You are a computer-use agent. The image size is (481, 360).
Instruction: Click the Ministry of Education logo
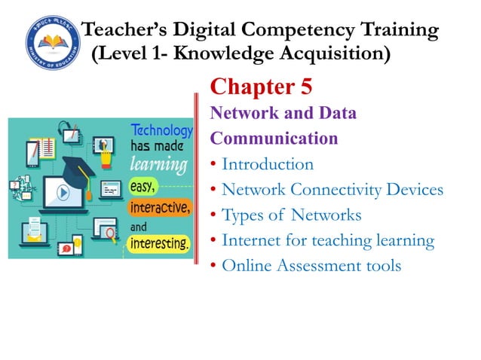tap(51, 41)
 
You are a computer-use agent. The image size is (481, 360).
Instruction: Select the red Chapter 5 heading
tap(261, 87)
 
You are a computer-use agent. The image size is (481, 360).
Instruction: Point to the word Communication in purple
tap(274, 139)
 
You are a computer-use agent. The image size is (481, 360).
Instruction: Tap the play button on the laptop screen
tap(63, 193)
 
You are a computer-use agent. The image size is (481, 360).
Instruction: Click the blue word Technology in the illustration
tap(161, 130)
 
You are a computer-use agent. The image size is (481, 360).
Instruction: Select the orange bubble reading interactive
tap(161, 206)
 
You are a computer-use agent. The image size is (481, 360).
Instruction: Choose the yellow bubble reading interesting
tap(160, 243)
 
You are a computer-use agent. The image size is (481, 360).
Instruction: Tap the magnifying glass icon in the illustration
tap(112, 234)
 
